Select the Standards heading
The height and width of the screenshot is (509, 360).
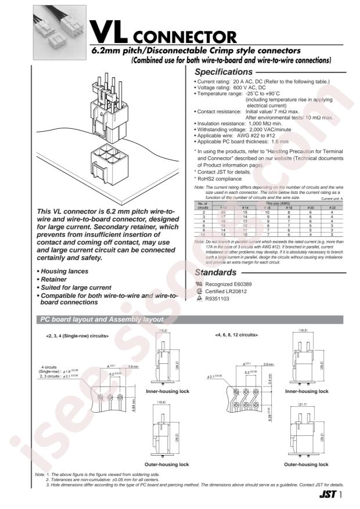pyautogui.click(x=215, y=272)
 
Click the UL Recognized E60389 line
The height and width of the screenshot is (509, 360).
pyautogui.click(x=222, y=285)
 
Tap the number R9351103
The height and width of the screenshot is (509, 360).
pyautogui.click(x=218, y=299)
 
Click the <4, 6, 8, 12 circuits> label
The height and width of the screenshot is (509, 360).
pyautogui.click(x=236, y=335)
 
